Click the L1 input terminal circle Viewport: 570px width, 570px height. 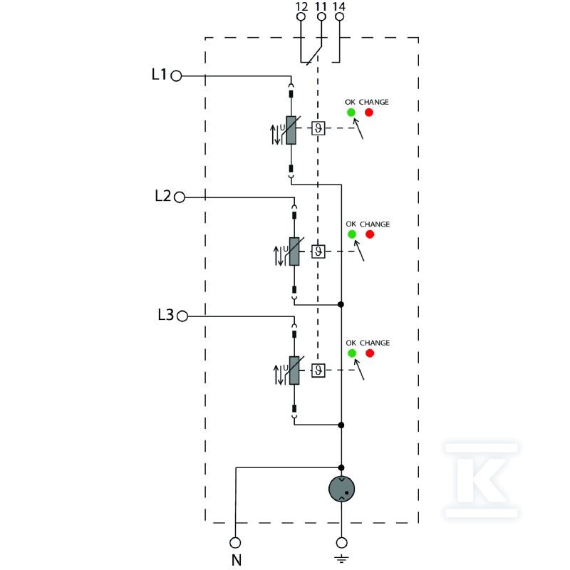(x=176, y=76)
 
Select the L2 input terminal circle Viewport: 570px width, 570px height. (x=180, y=197)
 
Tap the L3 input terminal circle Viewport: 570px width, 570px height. (x=182, y=316)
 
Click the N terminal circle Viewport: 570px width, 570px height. (x=235, y=543)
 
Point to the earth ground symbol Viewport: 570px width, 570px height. (x=341, y=559)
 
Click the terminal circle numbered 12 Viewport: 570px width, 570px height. (x=301, y=16)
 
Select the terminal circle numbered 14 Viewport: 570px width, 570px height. (x=340, y=16)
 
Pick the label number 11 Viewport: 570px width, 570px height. (x=321, y=6)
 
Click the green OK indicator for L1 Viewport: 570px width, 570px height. (x=351, y=113)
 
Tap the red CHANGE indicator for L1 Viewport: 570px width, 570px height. (x=369, y=113)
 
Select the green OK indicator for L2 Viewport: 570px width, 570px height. (x=352, y=234)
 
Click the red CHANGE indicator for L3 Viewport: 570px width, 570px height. (x=370, y=353)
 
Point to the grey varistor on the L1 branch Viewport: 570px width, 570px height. (x=291, y=130)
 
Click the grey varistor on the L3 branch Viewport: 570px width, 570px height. (x=294, y=370)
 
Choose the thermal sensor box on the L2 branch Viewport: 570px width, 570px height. (x=318, y=252)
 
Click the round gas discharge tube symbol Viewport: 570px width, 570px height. (x=341, y=489)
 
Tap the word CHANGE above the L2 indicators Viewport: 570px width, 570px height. (x=375, y=224)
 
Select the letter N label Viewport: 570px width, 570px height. (x=237, y=560)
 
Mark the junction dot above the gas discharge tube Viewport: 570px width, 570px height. (x=341, y=467)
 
